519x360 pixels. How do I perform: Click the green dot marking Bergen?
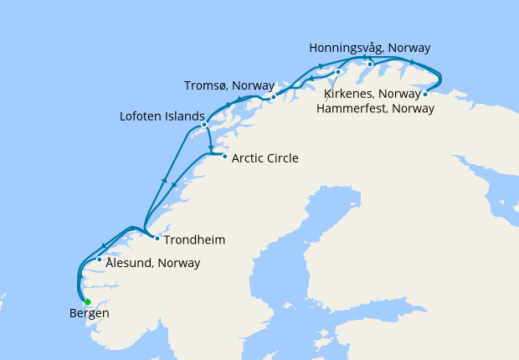87,302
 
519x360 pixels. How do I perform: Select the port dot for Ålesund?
100,260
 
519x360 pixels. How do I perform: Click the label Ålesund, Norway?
153,263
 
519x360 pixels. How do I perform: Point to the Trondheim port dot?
157,238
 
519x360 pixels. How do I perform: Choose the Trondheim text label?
194,240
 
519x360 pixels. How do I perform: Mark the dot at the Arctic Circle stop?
224,157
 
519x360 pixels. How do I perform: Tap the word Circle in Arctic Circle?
282,157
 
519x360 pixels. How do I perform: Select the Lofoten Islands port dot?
204,126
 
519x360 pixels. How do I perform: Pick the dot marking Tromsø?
273,98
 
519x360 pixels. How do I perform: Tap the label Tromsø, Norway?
229,85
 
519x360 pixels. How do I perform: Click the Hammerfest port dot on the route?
337,72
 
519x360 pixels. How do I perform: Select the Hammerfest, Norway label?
374,107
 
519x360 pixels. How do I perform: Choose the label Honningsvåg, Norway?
369,48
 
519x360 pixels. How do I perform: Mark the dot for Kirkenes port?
425,94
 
